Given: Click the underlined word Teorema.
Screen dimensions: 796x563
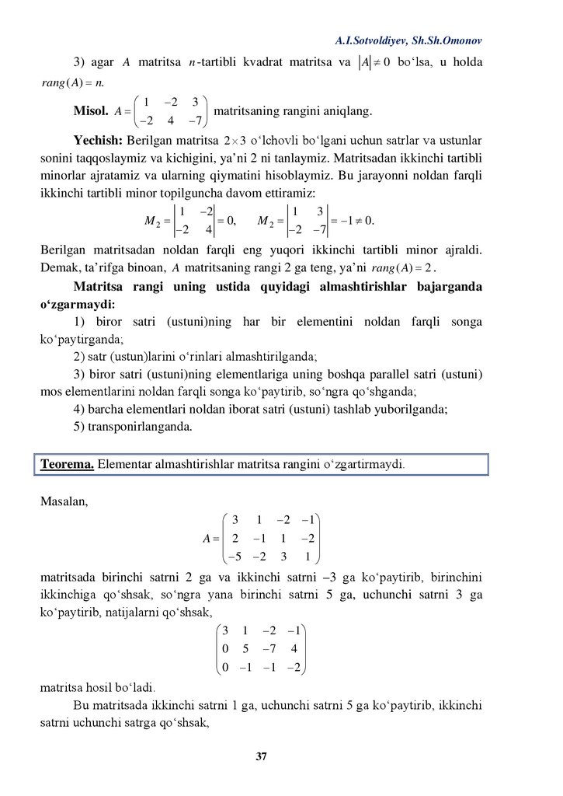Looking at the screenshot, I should (x=68, y=465).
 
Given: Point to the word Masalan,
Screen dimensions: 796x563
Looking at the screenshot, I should (x=64, y=501).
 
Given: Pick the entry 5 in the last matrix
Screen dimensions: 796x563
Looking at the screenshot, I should (x=252, y=647).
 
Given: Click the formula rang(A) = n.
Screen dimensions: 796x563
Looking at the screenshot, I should (x=66, y=80).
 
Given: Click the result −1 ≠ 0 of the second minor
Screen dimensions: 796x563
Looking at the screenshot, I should (x=356, y=221).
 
